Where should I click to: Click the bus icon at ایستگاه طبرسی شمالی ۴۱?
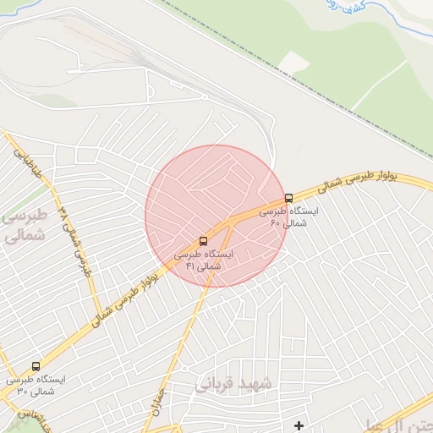[x=202, y=241]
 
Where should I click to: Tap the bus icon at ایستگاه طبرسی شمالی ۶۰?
[x=289, y=198]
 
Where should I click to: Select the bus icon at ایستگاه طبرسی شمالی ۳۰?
[x=36, y=366]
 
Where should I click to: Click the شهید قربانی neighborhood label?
[x=234, y=383]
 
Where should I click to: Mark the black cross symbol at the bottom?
[x=299, y=425]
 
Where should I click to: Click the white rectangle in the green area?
[x=293, y=62]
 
